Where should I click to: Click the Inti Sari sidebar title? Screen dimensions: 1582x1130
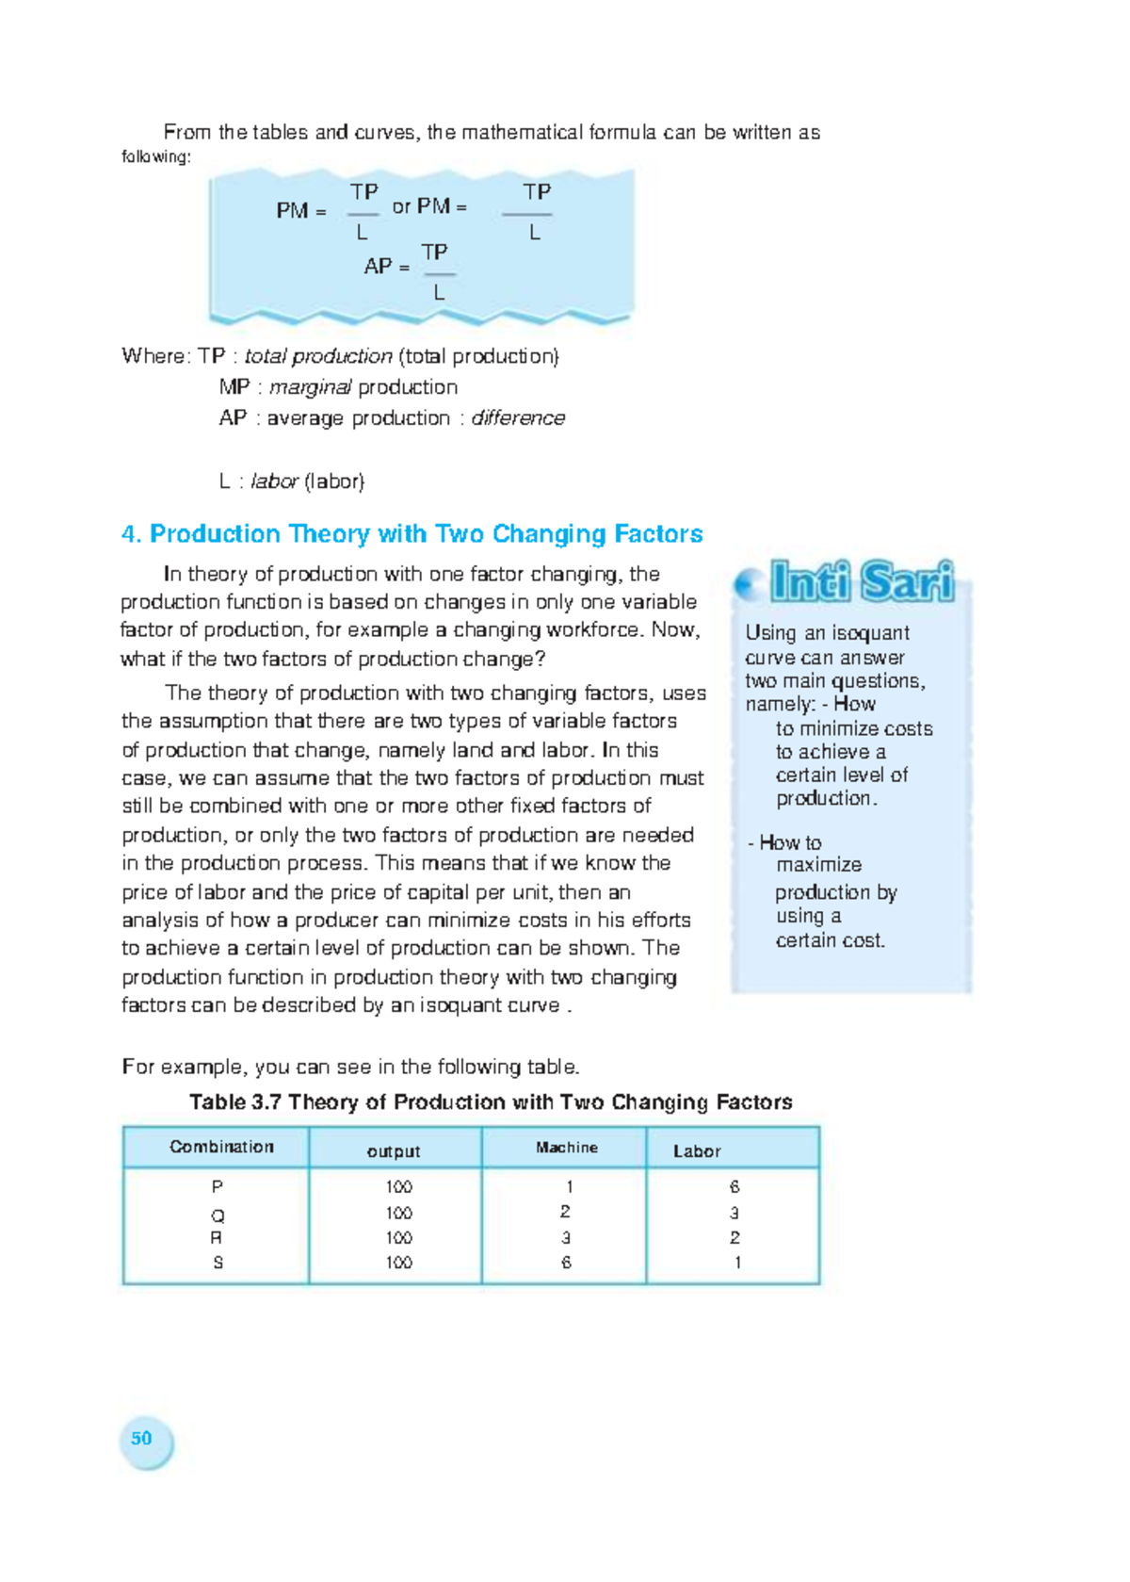(x=861, y=581)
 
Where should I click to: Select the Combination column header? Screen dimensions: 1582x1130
(x=221, y=1147)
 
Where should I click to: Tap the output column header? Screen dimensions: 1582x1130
(x=394, y=1150)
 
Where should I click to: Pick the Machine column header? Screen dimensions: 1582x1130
(x=567, y=1147)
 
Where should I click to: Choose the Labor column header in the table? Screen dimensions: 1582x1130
(x=697, y=1150)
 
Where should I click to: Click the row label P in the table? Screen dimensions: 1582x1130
(x=218, y=1187)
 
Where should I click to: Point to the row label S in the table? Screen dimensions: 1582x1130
(x=218, y=1263)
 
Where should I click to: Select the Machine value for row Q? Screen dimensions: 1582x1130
(x=565, y=1212)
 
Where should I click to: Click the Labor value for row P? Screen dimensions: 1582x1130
(x=734, y=1187)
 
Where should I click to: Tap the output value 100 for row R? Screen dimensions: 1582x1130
(x=398, y=1238)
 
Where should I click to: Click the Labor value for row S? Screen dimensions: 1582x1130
(x=737, y=1263)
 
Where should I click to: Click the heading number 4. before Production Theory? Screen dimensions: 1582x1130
(x=131, y=534)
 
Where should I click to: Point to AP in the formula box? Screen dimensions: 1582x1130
(x=378, y=267)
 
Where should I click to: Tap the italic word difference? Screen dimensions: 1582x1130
(x=518, y=418)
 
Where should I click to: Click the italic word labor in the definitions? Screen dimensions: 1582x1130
(x=274, y=481)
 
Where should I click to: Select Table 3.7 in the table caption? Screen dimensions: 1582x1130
(x=234, y=1102)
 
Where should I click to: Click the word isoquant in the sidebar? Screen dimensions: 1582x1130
(x=870, y=633)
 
